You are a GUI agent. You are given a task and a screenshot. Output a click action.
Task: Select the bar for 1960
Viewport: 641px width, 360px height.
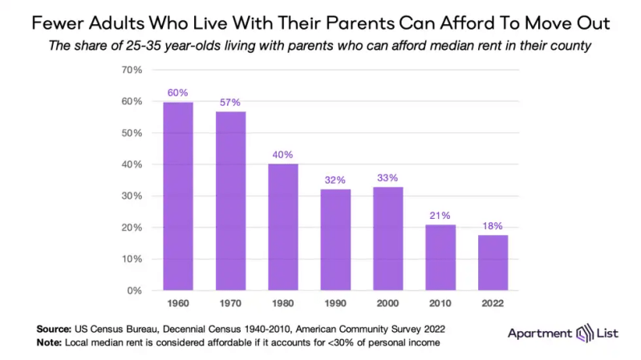[x=178, y=196]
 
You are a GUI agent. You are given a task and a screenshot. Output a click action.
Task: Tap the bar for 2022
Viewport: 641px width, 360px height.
[x=493, y=262]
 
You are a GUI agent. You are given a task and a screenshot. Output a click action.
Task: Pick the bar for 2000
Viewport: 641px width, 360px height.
[x=387, y=238]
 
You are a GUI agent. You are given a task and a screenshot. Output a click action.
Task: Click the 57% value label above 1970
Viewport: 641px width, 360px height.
[x=230, y=103]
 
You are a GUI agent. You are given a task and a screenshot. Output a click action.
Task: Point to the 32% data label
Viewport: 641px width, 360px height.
[x=335, y=180]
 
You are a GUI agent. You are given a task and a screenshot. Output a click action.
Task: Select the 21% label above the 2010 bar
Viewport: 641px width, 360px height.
[x=440, y=215]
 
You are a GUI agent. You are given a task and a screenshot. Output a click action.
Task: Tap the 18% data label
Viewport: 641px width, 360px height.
[x=493, y=225]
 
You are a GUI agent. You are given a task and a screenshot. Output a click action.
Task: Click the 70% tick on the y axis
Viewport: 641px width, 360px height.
[x=132, y=70]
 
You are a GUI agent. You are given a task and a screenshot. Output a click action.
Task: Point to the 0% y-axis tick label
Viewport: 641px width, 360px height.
[x=135, y=290]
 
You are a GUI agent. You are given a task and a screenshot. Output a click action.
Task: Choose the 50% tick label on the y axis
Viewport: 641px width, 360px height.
[x=132, y=133]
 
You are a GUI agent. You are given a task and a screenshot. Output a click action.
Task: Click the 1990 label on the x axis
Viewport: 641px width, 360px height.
[x=335, y=305]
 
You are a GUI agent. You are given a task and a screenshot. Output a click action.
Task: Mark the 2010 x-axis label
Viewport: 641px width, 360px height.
[x=440, y=305]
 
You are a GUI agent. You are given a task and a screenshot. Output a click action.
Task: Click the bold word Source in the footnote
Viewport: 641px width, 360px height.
[x=54, y=329]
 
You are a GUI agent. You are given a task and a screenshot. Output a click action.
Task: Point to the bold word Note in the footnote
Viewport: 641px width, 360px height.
[x=49, y=342]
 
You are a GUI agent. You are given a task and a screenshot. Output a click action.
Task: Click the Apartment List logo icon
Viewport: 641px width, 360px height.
[x=583, y=333]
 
